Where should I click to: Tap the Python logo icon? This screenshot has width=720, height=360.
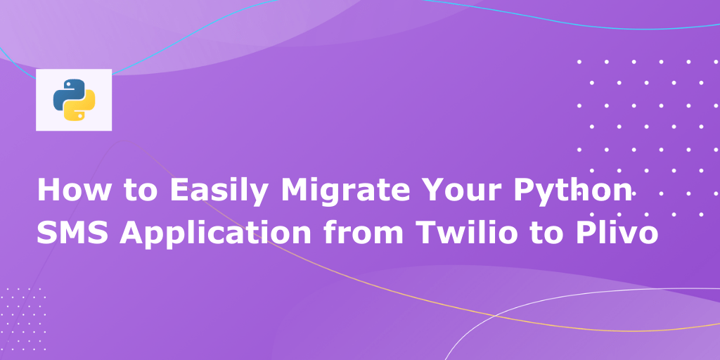click(x=74, y=100)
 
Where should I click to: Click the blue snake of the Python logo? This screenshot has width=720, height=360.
click(x=67, y=93)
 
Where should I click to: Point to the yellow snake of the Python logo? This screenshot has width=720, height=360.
click(x=80, y=107)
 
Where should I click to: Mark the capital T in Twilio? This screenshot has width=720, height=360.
click(x=429, y=232)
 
